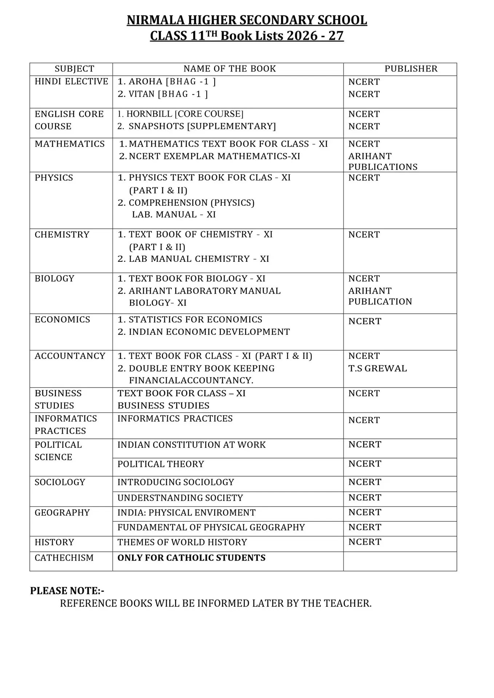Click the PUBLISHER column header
[411, 69]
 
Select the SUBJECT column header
[74, 69]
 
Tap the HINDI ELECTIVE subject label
[71, 81]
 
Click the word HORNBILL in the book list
[149, 114]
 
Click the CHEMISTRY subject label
[62, 234]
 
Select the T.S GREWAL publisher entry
[377, 368]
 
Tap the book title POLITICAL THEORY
[160, 464]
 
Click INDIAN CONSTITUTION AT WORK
[191, 445]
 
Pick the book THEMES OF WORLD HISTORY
[182, 542]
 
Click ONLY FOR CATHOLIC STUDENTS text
[191, 558]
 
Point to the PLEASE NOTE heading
[67, 591]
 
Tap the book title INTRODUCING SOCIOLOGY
[176, 482]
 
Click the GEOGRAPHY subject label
[62, 513]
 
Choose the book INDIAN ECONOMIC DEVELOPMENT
[209, 332]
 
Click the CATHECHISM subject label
[64, 558]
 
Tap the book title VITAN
[142, 94]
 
